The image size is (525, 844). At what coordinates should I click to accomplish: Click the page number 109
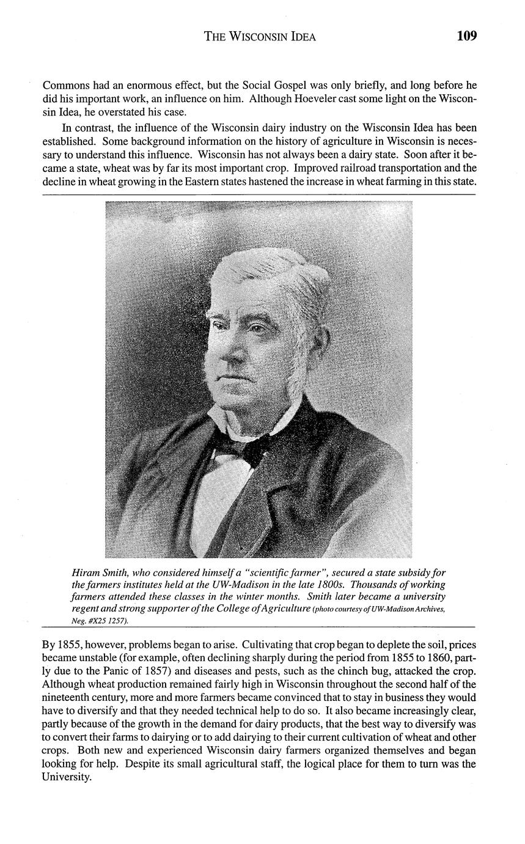click(x=466, y=36)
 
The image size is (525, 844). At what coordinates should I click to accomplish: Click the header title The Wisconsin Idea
click(x=260, y=37)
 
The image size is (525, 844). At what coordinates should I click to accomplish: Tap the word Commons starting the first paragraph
click(x=65, y=85)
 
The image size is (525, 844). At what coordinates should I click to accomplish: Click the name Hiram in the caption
click(x=86, y=573)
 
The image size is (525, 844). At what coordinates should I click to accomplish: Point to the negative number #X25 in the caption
click(x=98, y=620)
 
